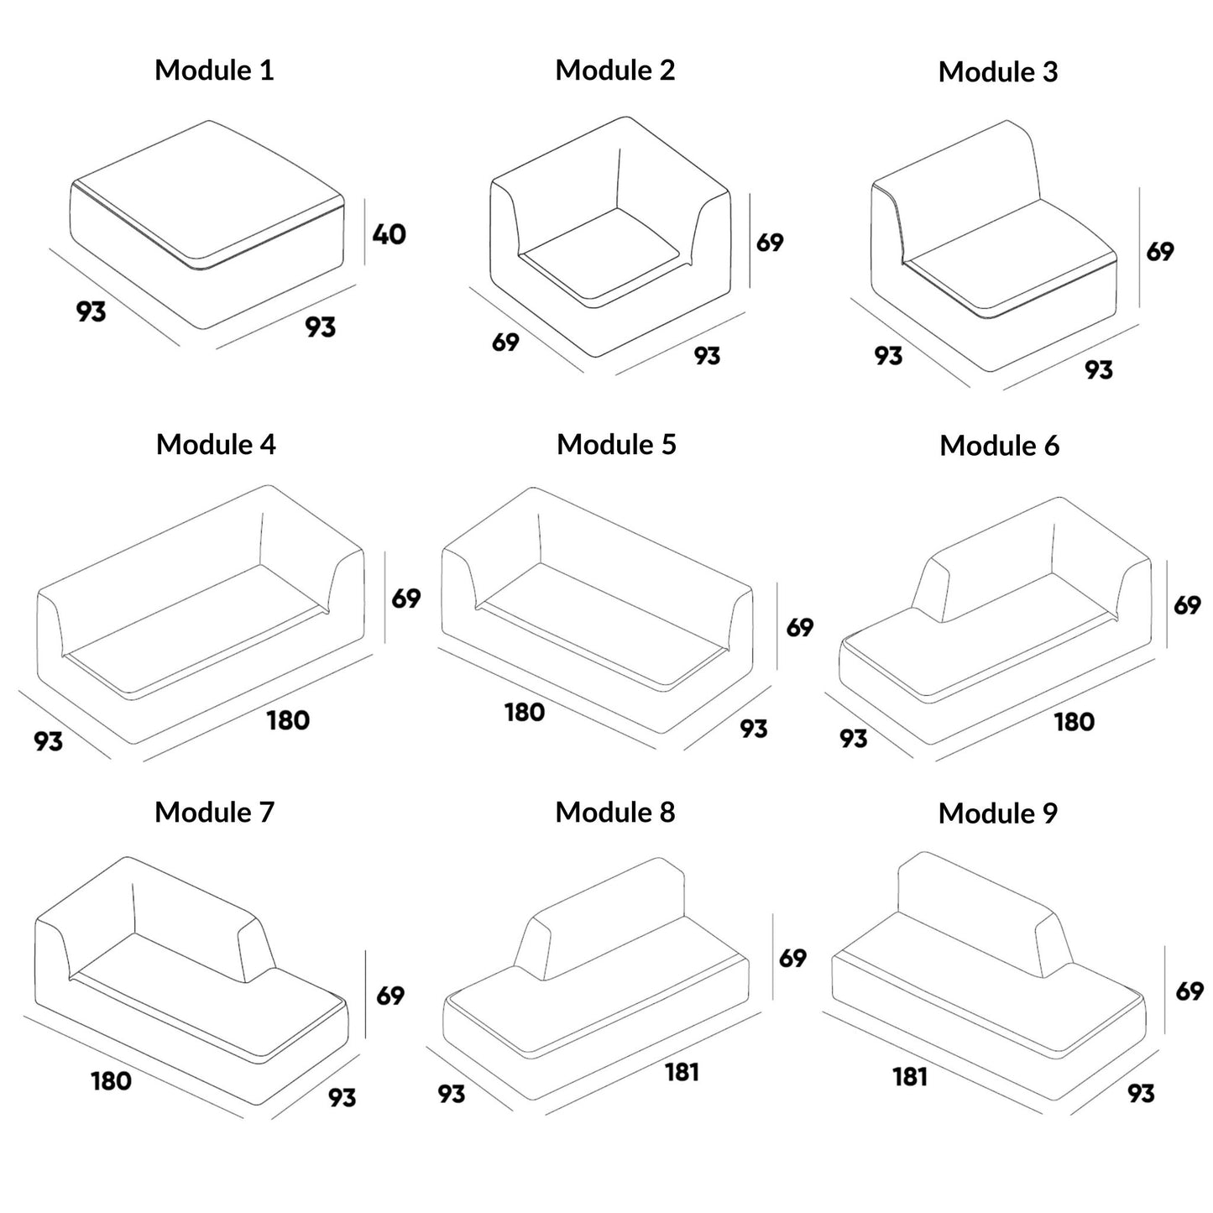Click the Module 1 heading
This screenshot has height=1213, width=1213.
pyautogui.click(x=214, y=70)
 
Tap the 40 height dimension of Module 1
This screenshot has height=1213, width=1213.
pyautogui.click(x=389, y=233)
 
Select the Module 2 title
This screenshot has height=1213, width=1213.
pyautogui.click(x=614, y=70)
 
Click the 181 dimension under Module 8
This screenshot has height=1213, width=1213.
pyautogui.click(x=682, y=1072)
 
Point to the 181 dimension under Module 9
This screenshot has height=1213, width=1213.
pyautogui.click(x=910, y=1076)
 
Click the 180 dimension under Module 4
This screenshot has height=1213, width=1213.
pyautogui.click(x=288, y=720)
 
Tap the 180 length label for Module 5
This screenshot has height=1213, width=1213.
pyautogui.click(x=525, y=713)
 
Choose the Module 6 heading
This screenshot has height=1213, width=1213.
pyautogui.click(x=999, y=446)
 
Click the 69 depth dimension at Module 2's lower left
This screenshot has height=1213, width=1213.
pyautogui.click(x=505, y=342)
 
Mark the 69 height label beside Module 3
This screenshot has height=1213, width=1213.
pyautogui.click(x=1160, y=251)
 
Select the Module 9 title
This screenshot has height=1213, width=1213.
pyautogui.click(x=997, y=813)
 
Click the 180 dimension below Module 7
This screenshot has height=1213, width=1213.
pyautogui.click(x=111, y=1080)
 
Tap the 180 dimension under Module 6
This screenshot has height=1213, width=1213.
pyautogui.click(x=1074, y=722)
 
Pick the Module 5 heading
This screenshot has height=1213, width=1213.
pyautogui.click(x=616, y=444)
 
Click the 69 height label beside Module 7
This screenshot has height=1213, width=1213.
pyautogui.click(x=390, y=996)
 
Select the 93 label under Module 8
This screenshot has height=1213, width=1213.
pyautogui.click(x=451, y=1094)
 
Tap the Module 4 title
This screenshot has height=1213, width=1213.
pyautogui.click(x=216, y=444)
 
